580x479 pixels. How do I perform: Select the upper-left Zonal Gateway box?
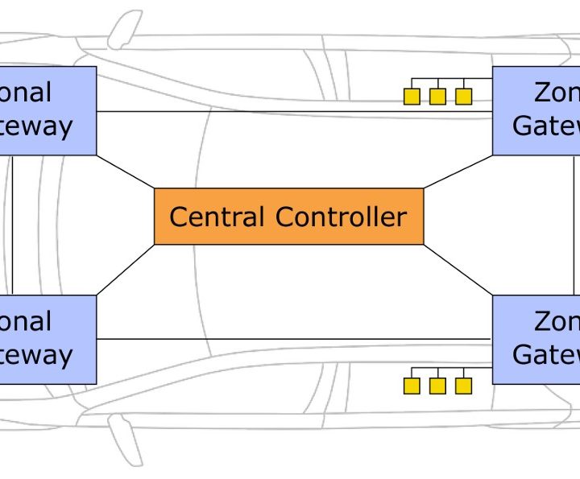tap(48, 110)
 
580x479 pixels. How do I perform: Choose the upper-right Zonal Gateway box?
tap(536, 110)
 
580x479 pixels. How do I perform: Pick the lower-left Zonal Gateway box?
tap(48, 339)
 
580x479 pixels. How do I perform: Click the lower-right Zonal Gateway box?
tap(536, 339)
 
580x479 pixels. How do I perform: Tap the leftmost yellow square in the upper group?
tap(412, 97)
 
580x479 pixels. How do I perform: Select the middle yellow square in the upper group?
tap(437, 97)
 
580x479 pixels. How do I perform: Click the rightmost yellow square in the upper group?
tap(463, 97)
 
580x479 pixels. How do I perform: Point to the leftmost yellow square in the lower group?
tap(412, 386)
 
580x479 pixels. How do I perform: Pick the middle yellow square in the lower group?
tap(437, 386)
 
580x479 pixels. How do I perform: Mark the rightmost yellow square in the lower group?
tap(463, 386)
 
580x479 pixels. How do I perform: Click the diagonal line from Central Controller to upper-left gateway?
tap(125, 171)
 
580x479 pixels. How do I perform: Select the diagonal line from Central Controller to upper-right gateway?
tap(458, 171)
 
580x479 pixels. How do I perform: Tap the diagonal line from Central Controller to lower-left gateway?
tap(125, 270)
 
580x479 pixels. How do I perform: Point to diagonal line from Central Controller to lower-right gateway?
tap(458, 270)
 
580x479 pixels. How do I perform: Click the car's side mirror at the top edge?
tap(123, 28)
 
